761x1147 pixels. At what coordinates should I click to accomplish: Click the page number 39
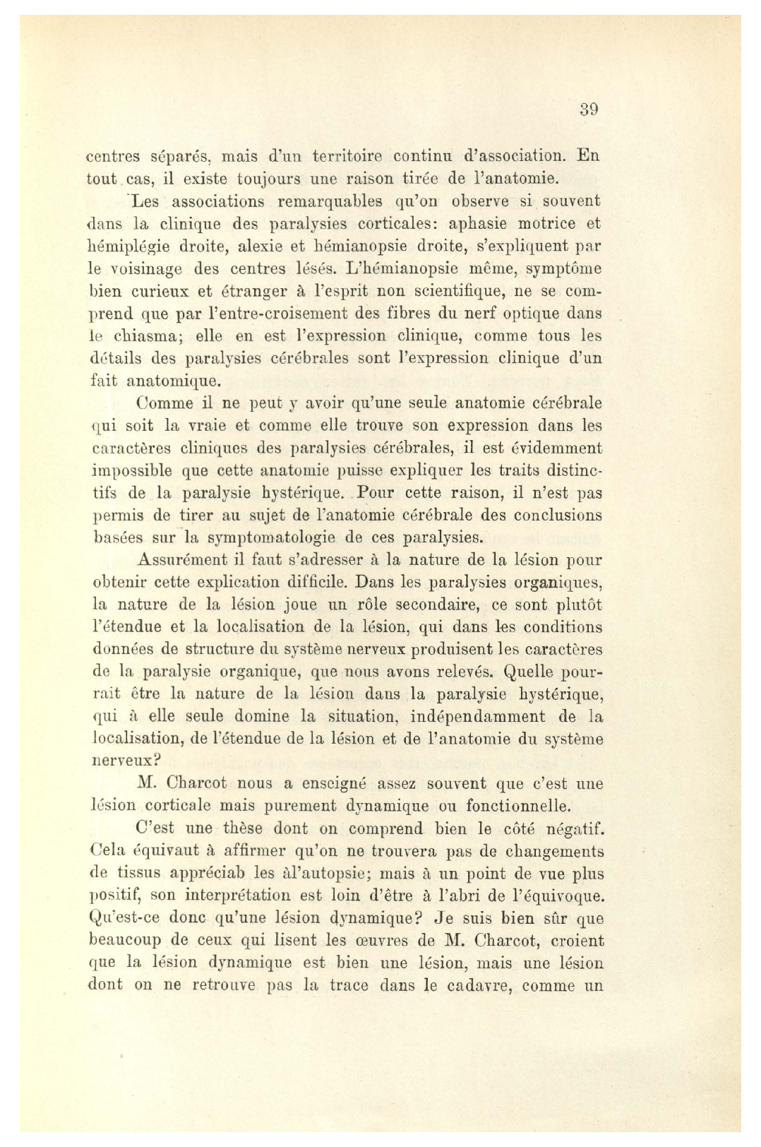pos(589,109)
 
